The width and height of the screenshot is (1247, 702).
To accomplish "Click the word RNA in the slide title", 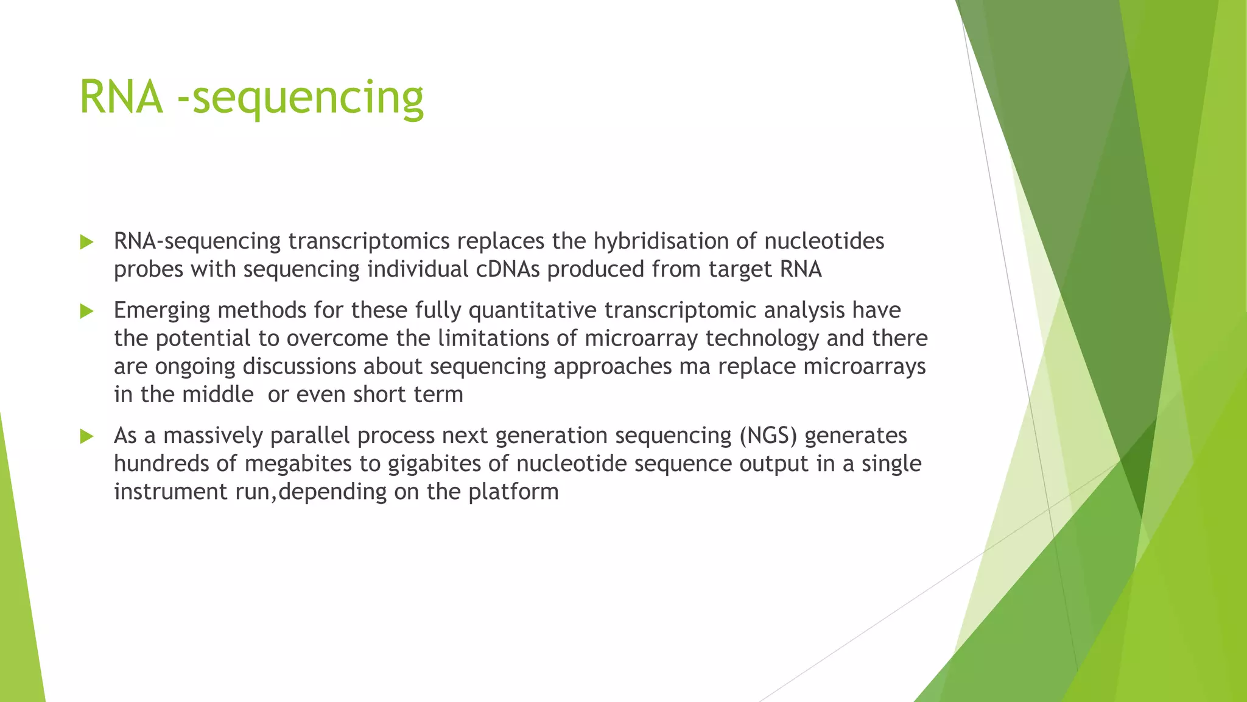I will coord(121,97).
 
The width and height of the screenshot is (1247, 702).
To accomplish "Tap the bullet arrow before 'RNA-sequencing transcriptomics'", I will coord(86,243).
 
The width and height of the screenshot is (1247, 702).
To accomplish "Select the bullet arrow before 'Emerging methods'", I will coord(86,312).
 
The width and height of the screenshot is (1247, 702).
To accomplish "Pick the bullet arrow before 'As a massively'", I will coord(86,437).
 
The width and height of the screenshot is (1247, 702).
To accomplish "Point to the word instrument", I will coord(170,492).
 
